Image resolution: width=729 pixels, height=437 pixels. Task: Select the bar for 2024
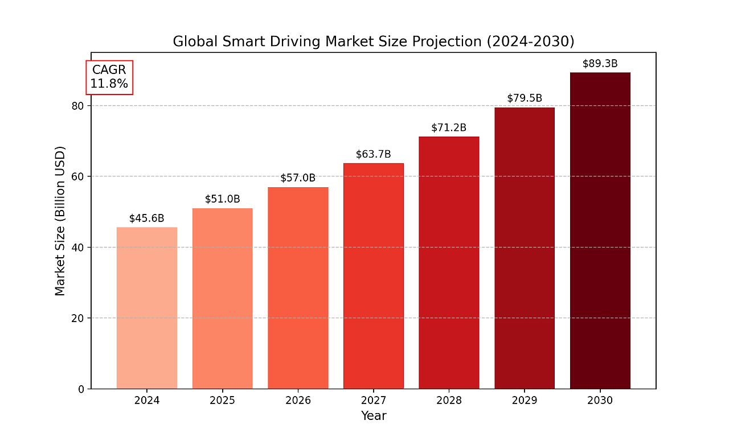pyautogui.click(x=147, y=308)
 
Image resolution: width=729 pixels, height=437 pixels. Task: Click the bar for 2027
pyautogui.click(x=374, y=276)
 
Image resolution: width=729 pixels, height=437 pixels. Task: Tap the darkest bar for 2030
pyautogui.click(x=600, y=230)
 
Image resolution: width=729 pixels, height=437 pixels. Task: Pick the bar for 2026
pyautogui.click(x=298, y=288)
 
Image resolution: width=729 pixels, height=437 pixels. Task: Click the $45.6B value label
pyautogui.click(x=147, y=218)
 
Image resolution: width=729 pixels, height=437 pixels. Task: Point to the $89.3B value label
pyautogui.click(x=600, y=64)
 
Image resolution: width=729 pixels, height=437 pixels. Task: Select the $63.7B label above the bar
pyautogui.click(x=374, y=154)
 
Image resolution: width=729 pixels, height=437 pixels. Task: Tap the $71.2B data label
pyautogui.click(x=449, y=127)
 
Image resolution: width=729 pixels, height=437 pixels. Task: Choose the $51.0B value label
pyautogui.click(x=222, y=199)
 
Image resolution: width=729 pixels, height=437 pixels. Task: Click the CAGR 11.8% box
pyautogui.click(x=109, y=77)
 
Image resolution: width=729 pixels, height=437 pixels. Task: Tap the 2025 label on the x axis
pyautogui.click(x=222, y=401)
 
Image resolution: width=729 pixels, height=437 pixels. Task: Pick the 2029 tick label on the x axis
pyautogui.click(x=525, y=401)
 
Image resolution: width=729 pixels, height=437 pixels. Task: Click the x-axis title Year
pyautogui.click(x=374, y=416)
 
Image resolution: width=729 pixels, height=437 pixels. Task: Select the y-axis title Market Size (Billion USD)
pyautogui.click(x=60, y=221)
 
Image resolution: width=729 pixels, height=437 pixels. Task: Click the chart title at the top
pyautogui.click(x=373, y=42)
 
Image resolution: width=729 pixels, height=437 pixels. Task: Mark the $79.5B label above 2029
pyautogui.click(x=525, y=98)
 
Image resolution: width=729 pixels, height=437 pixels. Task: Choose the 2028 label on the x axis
pyautogui.click(x=449, y=401)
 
